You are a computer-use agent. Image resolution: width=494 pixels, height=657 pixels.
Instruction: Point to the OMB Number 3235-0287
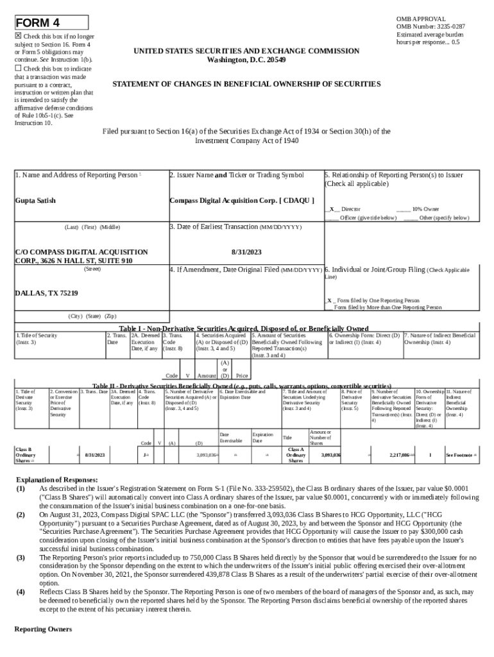pos(430,26)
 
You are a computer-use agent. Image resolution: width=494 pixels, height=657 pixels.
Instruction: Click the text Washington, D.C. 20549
pos(246,60)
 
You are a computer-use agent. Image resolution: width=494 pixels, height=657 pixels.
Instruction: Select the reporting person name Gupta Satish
pos(35,201)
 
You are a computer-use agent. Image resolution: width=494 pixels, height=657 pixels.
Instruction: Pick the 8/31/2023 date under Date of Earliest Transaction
pos(246,253)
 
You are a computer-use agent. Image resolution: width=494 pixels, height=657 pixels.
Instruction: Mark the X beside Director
pos(331,209)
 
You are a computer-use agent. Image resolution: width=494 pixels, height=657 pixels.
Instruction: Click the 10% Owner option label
pos(425,209)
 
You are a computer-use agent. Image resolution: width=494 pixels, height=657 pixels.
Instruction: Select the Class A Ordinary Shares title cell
pos(296,454)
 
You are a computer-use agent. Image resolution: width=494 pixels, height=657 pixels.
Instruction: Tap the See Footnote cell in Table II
pos(461,454)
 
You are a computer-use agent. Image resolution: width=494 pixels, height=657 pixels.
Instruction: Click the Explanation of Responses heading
pos(56,480)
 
